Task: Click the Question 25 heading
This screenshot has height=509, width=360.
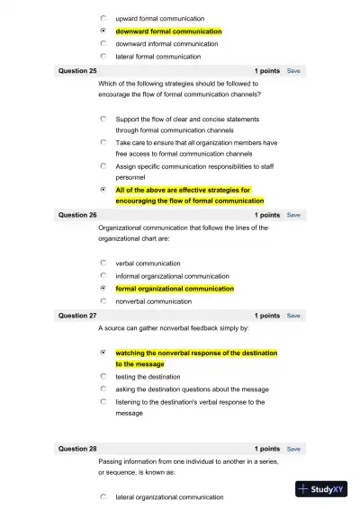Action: click(x=77, y=70)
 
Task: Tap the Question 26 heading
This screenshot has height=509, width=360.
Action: click(x=77, y=216)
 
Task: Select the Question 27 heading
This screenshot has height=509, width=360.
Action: click(x=77, y=317)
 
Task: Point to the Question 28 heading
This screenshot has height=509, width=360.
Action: click(x=77, y=449)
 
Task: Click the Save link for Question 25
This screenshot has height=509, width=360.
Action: click(x=293, y=70)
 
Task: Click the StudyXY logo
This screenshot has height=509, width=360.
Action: click(x=320, y=489)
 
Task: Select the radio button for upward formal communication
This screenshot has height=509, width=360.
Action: click(x=104, y=18)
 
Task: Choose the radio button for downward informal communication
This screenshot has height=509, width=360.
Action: click(x=104, y=43)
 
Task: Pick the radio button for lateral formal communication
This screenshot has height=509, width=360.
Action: click(x=104, y=56)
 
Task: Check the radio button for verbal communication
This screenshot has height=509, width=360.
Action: click(x=104, y=263)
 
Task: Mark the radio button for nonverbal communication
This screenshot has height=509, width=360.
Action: click(x=104, y=301)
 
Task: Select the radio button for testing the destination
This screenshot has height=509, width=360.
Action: click(x=104, y=377)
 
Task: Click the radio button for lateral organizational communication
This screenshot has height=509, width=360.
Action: click(x=104, y=496)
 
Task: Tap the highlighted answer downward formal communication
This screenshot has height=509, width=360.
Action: click(x=168, y=31)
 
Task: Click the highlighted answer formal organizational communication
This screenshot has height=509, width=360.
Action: click(x=175, y=289)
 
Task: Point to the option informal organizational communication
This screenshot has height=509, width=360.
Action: click(x=172, y=276)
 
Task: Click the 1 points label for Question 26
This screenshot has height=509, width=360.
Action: click(x=266, y=216)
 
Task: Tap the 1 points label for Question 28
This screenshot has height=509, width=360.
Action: click(x=266, y=449)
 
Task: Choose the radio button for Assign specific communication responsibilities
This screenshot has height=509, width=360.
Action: click(x=104, y=166)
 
